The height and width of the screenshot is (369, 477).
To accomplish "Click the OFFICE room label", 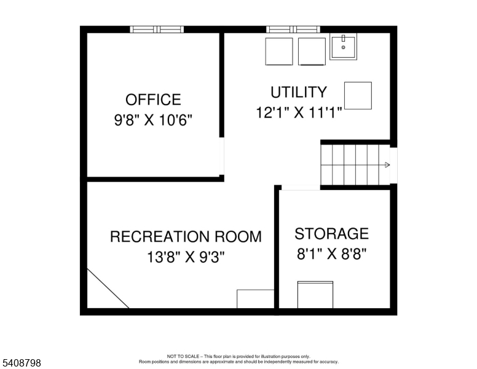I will [153, 100].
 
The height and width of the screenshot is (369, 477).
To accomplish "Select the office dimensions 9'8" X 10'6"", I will [153, 120].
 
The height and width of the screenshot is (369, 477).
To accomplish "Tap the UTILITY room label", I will [299, 92].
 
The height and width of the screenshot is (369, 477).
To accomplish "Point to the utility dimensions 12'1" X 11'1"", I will [299, 113].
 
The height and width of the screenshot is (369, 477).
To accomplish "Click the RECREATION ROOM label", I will [186, 237].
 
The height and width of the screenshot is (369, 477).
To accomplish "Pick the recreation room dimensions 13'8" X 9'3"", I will [186, 257].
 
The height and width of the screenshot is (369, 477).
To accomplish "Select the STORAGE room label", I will [331, 234].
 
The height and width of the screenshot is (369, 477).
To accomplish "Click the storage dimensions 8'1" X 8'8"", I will [331, 254].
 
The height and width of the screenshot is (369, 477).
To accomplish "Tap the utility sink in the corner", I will [343, 46].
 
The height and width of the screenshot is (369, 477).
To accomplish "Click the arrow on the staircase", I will [387, 165].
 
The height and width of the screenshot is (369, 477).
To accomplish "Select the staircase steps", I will [350, 165].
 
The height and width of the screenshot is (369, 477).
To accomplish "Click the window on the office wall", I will [157, 29].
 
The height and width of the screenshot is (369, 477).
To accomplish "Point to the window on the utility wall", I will [293, 29].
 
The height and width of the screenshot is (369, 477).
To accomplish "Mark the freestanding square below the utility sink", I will [358, 95].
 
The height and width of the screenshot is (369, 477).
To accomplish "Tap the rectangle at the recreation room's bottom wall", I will [255, 298].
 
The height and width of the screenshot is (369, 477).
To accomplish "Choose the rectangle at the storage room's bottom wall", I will [315, 295].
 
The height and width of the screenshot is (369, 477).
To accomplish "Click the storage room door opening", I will [300, 188].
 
